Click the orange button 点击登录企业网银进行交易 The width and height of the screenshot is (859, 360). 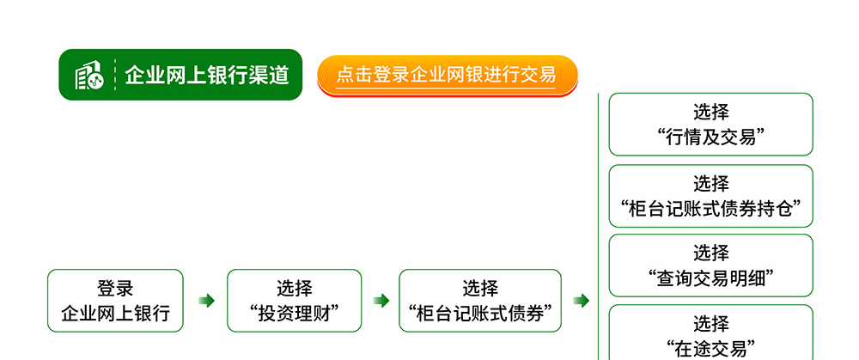pos(448,76)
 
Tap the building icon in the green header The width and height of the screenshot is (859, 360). pos(88,75)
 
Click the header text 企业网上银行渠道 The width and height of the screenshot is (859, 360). pos(206,75)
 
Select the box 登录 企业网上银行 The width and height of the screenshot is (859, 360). pos(116,300)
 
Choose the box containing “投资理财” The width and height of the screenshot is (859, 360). pos(294,300)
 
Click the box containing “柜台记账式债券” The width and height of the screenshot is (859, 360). pos(480,300)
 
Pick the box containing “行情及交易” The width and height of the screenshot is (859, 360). pos(711,125)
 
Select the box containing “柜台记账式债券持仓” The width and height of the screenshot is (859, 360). pos(711,196)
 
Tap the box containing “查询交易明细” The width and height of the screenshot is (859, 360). pos(711,265)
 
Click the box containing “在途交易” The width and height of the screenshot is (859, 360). pos(711,333)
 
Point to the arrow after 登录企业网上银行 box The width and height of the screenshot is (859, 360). pos(206,300)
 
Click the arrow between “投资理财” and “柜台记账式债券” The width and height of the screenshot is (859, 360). pos(381,300)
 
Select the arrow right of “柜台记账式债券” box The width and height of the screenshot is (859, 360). pos(582,300)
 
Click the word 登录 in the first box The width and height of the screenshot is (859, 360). pos(116,288)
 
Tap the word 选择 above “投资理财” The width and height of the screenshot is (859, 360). pos(294,288)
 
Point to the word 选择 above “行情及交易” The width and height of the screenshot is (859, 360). pos(711,112)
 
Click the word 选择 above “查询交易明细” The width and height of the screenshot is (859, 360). pos(711,253)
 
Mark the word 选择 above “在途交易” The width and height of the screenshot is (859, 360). pos(711,324)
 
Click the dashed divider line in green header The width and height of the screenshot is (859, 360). pos(115,75)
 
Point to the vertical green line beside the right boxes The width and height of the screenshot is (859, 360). pos(598,226)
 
